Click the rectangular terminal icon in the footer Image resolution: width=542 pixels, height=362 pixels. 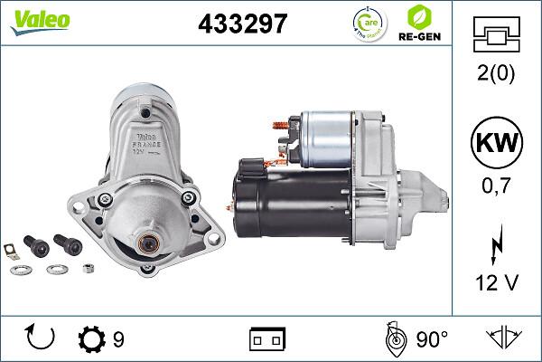pyautogui.click(x=266, y=339)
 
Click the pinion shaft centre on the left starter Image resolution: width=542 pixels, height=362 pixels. pyautogui.click(x=147, y=242)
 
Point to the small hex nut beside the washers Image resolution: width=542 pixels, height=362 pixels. pyautogui.click(x=89, y=269)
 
